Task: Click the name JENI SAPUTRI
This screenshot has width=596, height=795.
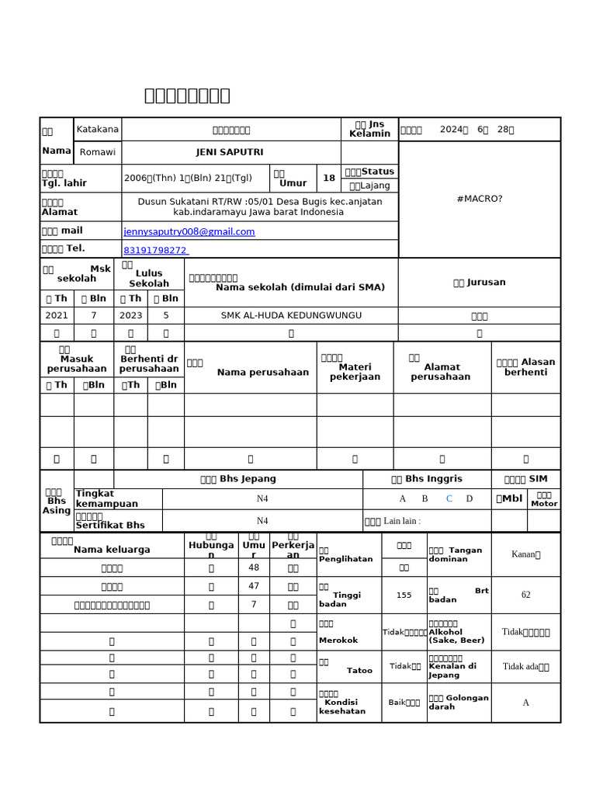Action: coord(230,153)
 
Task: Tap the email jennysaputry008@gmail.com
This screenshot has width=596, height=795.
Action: coord(189,231)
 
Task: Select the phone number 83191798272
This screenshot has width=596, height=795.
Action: coord(155,250)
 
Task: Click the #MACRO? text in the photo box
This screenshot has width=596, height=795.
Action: coord(480,199)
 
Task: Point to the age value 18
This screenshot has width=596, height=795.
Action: coord(329,178)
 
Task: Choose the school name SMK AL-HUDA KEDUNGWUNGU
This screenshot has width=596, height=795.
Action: coord(291,315)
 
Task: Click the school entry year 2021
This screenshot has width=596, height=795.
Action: coord(57,315)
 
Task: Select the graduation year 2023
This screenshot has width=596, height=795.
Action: coord(130,315)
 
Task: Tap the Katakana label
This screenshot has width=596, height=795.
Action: coord(98,129)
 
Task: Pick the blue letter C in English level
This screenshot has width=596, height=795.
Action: coord(449,498)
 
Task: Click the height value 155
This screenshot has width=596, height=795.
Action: coord(404,595)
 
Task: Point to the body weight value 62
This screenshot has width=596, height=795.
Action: coord(525,595)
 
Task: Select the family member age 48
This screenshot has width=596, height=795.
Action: coord(254,568)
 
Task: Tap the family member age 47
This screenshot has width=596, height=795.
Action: coord(254,586)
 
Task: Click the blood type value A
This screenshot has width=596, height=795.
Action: coord(525,703)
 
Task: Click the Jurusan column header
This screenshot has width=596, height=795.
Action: coord(480,283)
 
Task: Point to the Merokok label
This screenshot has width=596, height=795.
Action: coord(338,640)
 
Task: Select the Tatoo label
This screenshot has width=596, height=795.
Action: coord(359,670)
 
